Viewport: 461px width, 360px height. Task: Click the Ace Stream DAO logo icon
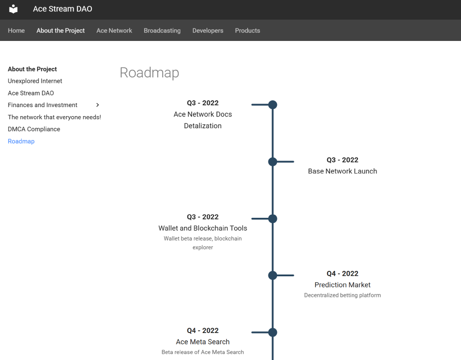(x=13, y=9)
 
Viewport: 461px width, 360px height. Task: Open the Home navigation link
(x=16, y=31)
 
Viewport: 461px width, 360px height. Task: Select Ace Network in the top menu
(x=114, y=31)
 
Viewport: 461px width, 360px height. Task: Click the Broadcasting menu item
(x=162, y=31)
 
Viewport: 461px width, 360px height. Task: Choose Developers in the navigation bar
(x=208, y=31)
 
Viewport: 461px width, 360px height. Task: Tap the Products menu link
(x=248, y=31)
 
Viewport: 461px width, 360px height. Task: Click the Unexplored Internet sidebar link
(x=35, y=81)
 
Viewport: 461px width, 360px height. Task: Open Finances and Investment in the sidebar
(x=43, y=105)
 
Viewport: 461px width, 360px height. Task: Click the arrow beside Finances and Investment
(x=98, y=105)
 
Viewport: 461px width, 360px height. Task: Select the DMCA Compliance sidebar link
(x=34, y=129)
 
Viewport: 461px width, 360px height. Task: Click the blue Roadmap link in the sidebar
(x=21, y=141)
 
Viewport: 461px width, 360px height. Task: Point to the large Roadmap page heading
(x=149, y=72)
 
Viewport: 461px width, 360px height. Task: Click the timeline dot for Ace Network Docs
(x=272, y=104)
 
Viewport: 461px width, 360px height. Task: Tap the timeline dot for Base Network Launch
(x=272, y=162)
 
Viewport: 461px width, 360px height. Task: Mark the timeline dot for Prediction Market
(x=272, y=275)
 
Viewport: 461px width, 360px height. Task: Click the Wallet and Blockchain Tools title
(x=203, y=228)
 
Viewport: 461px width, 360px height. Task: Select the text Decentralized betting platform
(x=343, y=295)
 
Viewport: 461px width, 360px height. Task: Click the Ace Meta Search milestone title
(x=203, y=342)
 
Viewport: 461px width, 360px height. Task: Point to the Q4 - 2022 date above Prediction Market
(x=343, y=274)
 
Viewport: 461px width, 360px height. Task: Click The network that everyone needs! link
(x=54, y=117)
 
